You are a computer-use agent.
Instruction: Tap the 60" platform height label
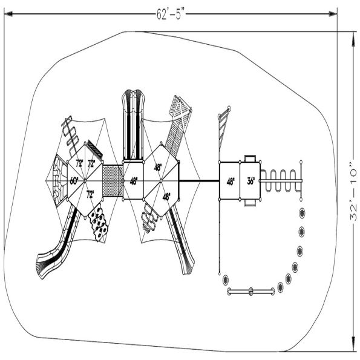tap(74, 180)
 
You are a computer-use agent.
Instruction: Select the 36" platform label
tap(251, 180)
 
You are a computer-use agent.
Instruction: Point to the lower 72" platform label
tap(90, 194)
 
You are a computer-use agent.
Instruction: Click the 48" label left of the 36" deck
tap(231, 180)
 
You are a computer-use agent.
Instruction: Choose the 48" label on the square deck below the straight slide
tap(133, 180)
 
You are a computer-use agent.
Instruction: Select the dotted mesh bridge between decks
tap(113, 180)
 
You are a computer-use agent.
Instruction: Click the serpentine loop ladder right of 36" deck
tap(282, 180)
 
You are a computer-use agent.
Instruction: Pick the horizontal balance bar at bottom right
tap(250, 292)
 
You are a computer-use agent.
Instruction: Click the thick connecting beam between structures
tap(200, 180)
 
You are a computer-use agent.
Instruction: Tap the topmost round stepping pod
tap(302, 212)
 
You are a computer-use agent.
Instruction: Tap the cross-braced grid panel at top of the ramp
tap(181, 109)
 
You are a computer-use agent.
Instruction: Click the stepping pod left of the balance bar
tap(226, 280)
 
